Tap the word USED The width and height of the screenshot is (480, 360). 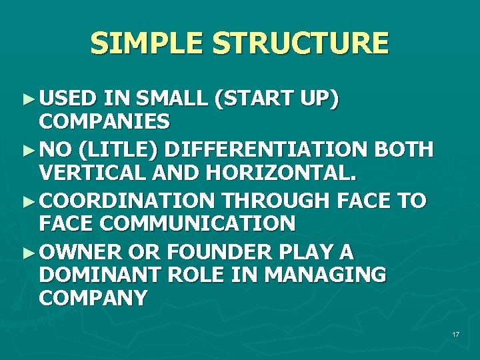click(x=67, y=99)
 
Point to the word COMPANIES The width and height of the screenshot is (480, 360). click(x=105, y=122)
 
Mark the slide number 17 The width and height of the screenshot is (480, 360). click(x=455, y=333)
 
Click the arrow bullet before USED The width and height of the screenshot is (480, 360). click(x=27, y=99)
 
